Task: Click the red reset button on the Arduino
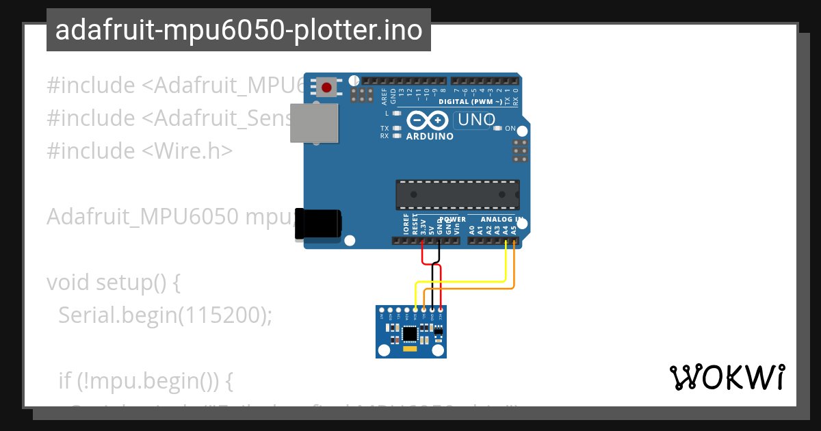pyautogui.click(x=326, y=88)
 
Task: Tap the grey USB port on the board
pyautogui.click(x=313, y=123)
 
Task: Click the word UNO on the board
pyautogui.click(x=476, y=120)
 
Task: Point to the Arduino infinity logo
pyautogui.click(x=430, y=121)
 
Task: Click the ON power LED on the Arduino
pyautogui.click(x=499, y=128)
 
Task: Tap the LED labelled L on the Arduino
pyautogui.click(x=397, y=113)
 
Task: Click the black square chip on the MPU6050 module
pyautogui.click(x=410, y=334)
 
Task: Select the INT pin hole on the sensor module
pyautogui.click(x=382, y=311)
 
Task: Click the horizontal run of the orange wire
pyautogui.click(x=472, y=289)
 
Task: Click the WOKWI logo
pyautogui.click(x=727, y=377)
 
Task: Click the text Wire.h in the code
pyautogui.click(x=194, y=151)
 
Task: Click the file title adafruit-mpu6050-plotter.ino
pyautogui.click(x=239, y=30)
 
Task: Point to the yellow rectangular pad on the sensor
pyautogui.click(x=410, y=349)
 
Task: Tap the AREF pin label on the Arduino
pyautogui.click(x=384, y=96)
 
